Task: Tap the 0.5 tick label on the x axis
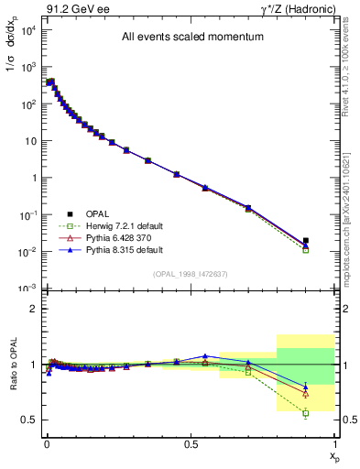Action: pos(191,442)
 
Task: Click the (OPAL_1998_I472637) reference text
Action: pos(190,273)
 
